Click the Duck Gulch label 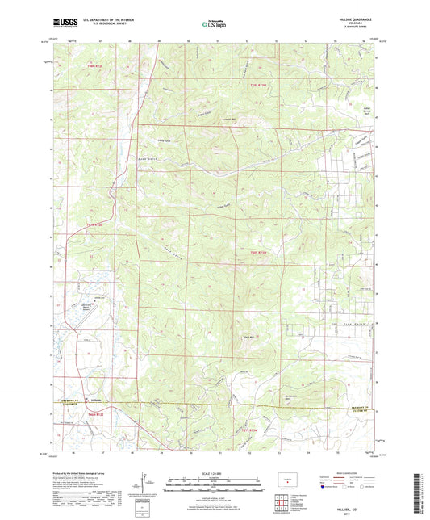[x=349, y=321]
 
